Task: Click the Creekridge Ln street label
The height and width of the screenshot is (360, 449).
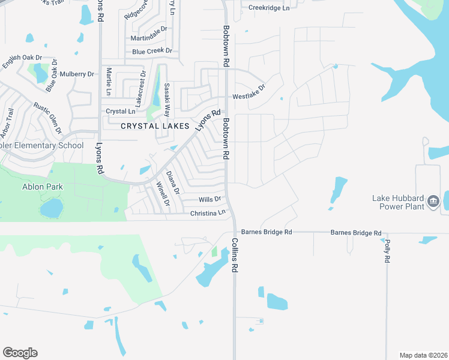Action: pos(269,8)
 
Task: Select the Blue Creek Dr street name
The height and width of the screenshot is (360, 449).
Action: pos(152,52)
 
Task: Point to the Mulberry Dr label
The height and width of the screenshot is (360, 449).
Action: pos(83,74)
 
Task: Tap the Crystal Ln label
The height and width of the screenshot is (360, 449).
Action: pos(121,112)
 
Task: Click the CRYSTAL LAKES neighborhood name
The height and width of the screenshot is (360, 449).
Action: pos(155,126)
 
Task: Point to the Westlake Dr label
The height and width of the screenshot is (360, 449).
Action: pos(249,96)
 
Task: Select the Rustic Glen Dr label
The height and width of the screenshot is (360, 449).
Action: pos(48,118)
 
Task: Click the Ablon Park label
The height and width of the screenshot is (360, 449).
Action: pos(42,187)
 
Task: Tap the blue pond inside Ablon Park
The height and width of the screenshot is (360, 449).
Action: pos(51,208)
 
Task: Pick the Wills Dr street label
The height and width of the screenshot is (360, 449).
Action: pos(210,199)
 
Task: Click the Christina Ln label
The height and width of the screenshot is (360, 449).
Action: pos(208,213)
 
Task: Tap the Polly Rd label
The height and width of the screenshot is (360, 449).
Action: pos(387,251)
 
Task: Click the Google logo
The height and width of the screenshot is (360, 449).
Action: pos(20,353)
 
